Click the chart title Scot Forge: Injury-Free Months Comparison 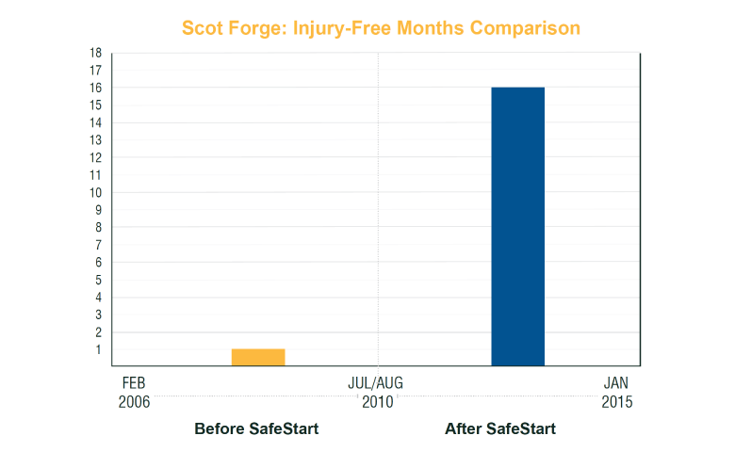tap(381, 28)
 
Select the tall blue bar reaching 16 tap(517, 226)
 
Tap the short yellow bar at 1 tap(258, 357)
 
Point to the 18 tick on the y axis tap(96, 53)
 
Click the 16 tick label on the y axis tap(96, 88)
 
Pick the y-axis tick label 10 tap(96, 192)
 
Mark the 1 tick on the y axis tap(98, 349)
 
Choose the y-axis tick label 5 tap(98, 280)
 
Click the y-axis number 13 tap(96, 140)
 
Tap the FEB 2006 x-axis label tap(134, 393)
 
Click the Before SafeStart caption tap(256, 429)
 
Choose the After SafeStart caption tap(500, 429)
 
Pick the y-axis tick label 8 tap(98, 227)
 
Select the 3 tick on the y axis tap(98, 315)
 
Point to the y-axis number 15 tap(96, 105)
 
